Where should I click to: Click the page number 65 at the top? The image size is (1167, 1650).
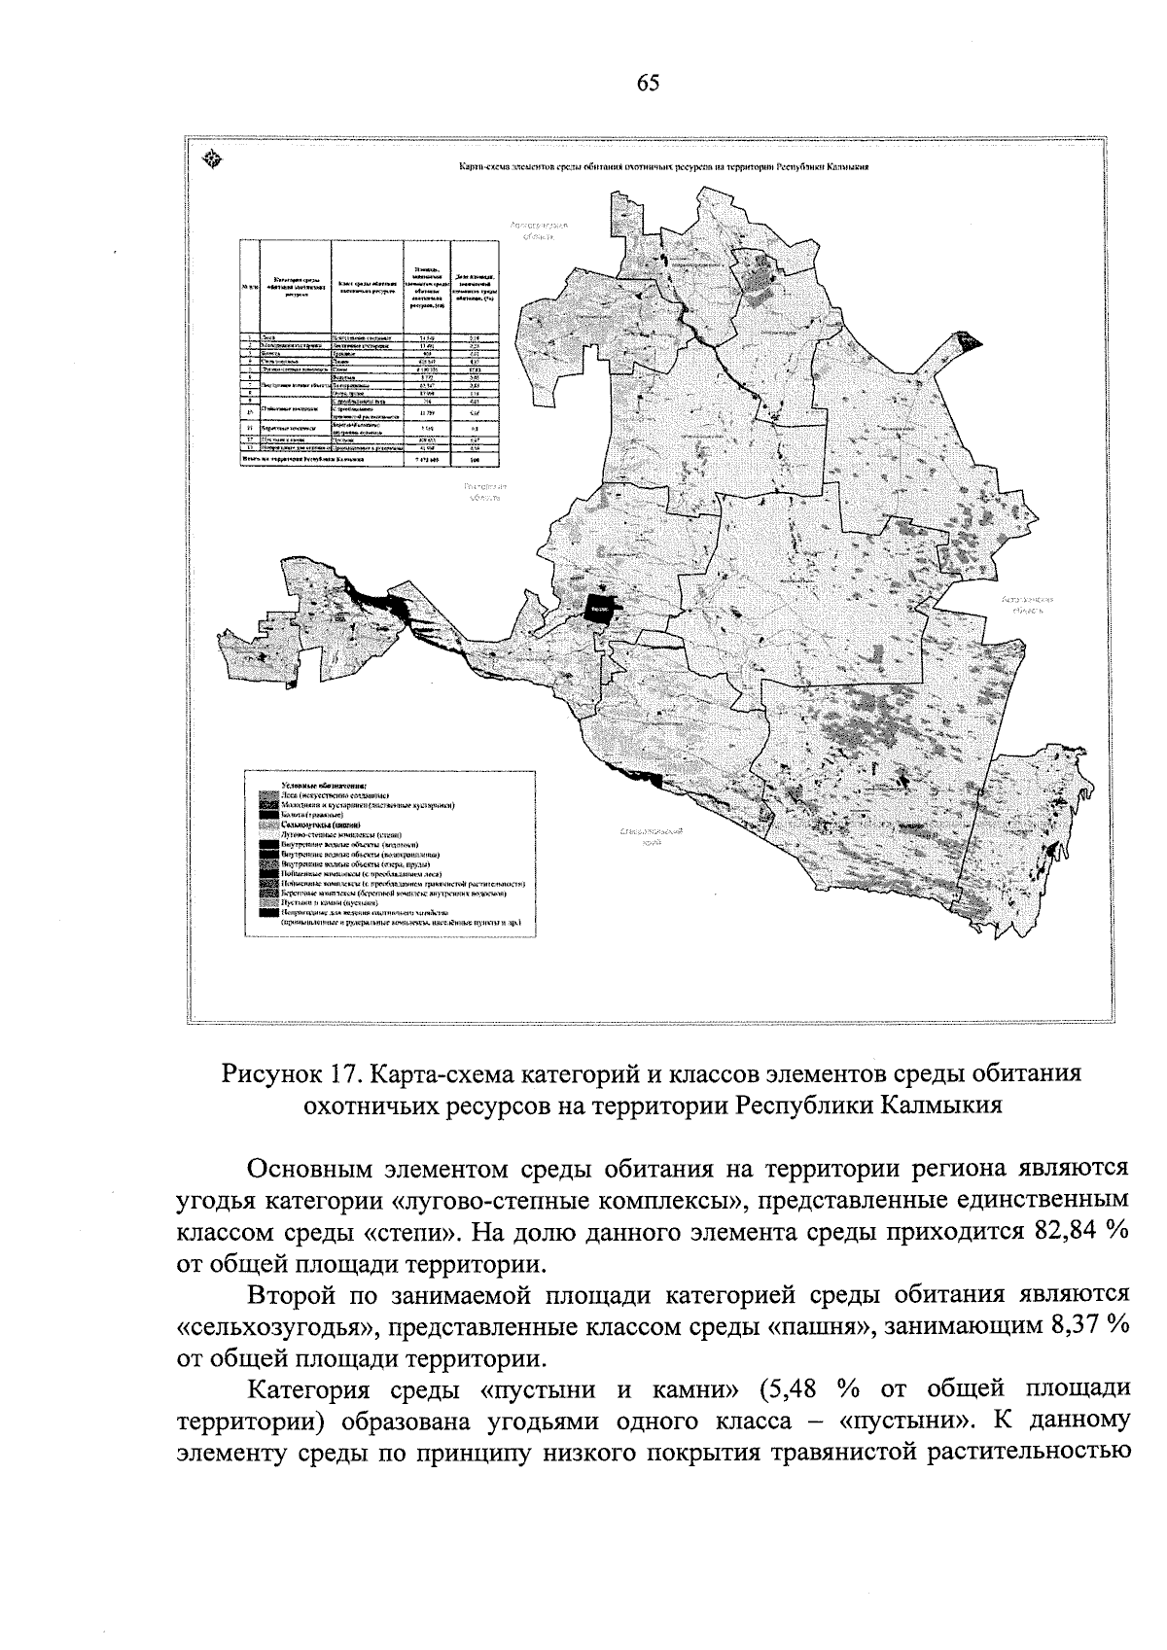point(649,84)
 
